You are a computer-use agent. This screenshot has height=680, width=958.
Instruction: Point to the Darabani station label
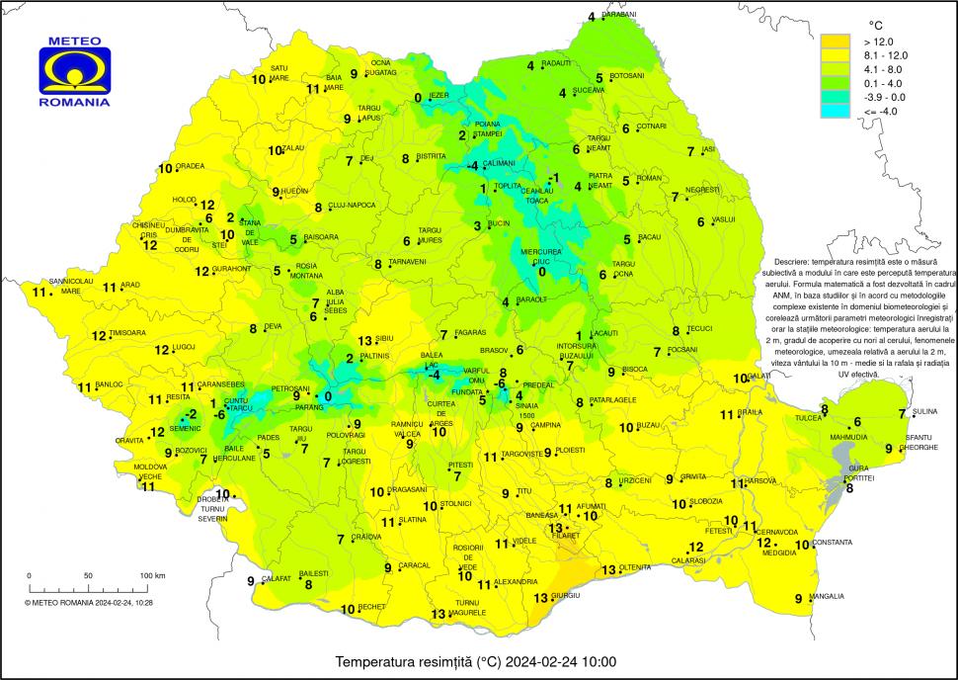coord(619,15)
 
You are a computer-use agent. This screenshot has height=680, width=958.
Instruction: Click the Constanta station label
coord(831,543)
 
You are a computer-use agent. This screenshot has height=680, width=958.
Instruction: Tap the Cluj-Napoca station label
coord(351,205)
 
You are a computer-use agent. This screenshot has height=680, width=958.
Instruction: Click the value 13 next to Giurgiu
coord(540,598)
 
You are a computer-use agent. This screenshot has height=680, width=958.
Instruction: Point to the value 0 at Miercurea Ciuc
coord(540,272)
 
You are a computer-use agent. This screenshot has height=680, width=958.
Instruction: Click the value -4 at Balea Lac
coord(433,375)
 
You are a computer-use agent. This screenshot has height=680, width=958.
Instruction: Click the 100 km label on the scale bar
coord(152,575)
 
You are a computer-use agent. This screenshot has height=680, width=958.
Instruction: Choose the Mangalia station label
coord(827,596)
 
